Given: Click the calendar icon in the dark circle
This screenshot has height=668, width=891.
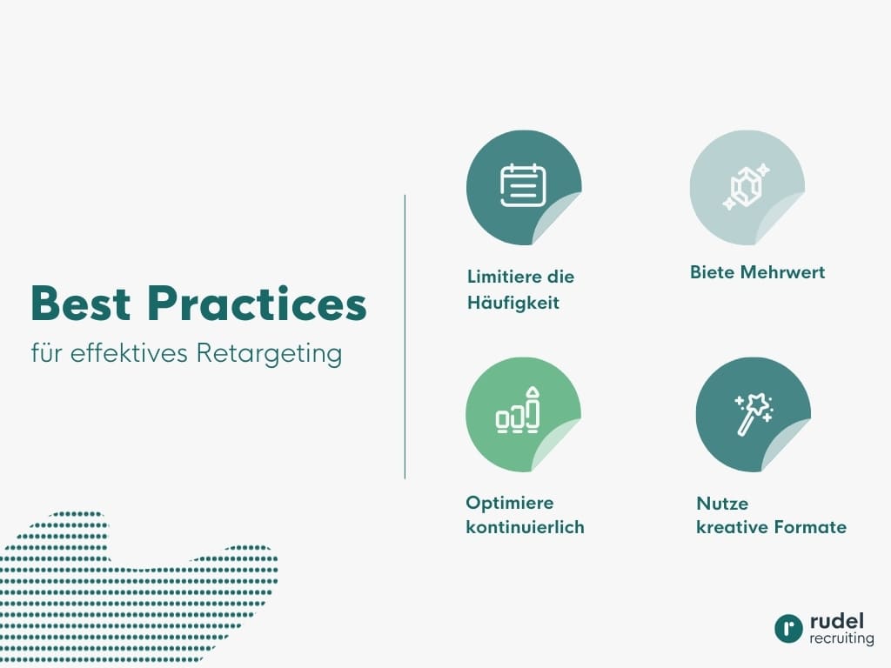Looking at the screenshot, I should [x=523, y=185].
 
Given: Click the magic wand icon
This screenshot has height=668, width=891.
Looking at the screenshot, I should [x=753, y=413].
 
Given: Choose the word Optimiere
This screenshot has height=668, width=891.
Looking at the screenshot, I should [x=510, y=503].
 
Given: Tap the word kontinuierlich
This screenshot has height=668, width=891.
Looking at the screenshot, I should [x=525, y=527].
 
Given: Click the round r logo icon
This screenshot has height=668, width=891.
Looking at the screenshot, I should [x=788, y=629].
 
